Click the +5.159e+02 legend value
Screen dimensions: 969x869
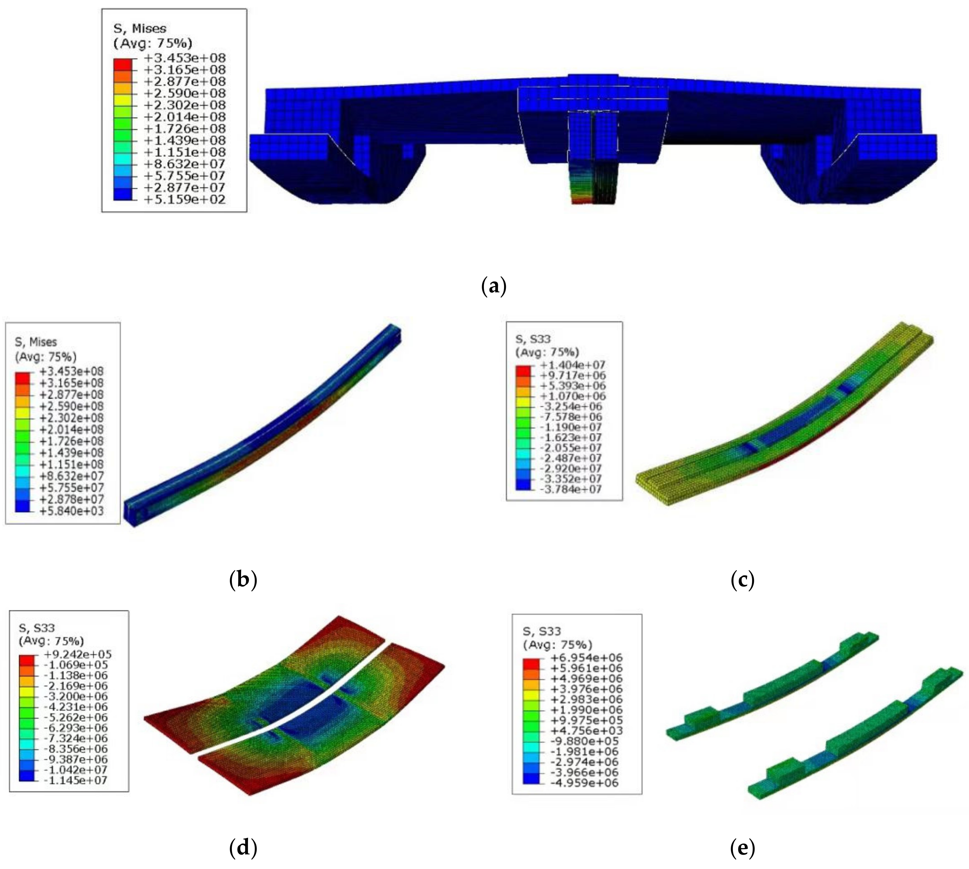pyautogui.click(x=185, y=199)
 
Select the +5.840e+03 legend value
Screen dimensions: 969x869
pyautogui.click(x=71, y=511)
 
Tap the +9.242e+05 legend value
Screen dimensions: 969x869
pyautogui.click(x=78, y=654)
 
